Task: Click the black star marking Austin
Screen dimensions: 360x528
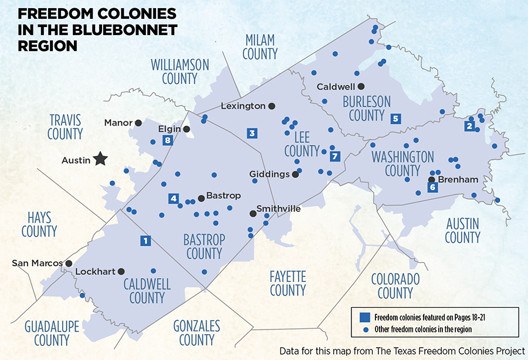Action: tap(101, 158)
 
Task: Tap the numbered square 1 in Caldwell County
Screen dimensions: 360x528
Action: tap(145, 240)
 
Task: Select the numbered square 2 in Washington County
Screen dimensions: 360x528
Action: tap(469, 125)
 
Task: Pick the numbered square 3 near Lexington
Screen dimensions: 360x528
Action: tap(252, 133)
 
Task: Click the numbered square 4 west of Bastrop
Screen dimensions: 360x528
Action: tap(173, 198)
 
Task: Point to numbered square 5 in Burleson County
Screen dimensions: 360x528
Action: tap(395, 118)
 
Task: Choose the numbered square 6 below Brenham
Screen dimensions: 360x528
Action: tap(432, 188)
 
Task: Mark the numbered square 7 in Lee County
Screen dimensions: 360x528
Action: tap(335, 157)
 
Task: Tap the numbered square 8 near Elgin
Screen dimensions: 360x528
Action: tap(168, 140)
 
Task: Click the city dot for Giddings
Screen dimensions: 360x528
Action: tap(296, 174)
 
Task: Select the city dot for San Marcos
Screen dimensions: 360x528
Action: tap(69, 263)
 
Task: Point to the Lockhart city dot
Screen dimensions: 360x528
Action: tap(121, 271)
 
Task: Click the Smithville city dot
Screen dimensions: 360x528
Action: tap(253, 213)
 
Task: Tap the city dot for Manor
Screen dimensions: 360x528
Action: tap(138, 123)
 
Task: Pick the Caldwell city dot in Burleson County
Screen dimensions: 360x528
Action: tap(362, 86)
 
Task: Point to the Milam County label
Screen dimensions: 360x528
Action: tap(260, 47)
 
